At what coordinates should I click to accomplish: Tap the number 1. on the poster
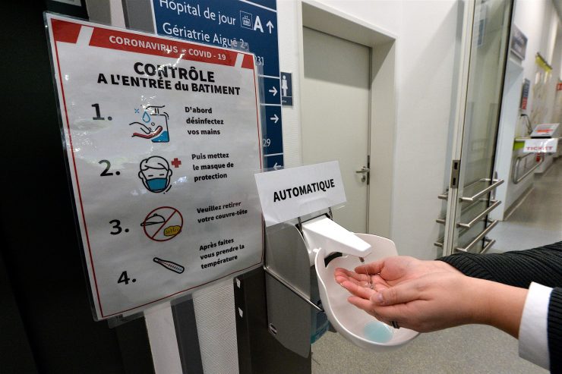[101, 112]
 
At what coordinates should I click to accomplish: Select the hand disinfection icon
[152, 123]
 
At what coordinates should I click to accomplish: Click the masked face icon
[155, 174]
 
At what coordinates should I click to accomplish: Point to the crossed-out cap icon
[162, 224]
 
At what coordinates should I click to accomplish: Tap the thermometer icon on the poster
[168, 266]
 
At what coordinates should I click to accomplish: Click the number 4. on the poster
[126, 278]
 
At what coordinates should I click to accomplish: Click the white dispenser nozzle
[337, 237]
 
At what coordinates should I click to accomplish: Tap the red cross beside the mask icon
[176, 162]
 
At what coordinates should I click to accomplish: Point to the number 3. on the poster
[118, 227]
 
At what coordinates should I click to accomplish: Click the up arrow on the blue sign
[269, 25]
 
